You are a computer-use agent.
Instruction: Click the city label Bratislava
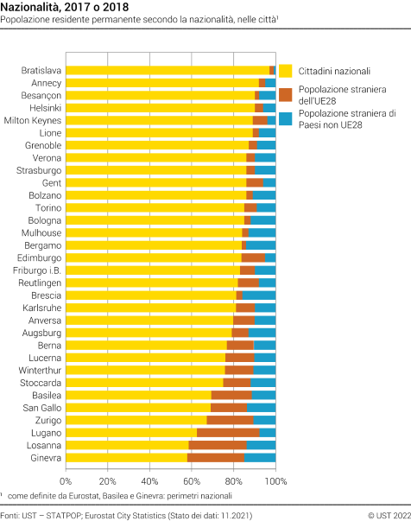click(41, 70)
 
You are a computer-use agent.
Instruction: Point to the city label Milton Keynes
click(33, 120)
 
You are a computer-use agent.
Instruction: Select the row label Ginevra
click(46, 457)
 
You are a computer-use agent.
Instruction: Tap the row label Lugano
click(46, 432)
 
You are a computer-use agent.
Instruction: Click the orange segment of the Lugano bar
click(228, 432)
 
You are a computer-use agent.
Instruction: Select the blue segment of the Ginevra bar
click(260, 457)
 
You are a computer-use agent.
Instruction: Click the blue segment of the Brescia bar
click(259, 295)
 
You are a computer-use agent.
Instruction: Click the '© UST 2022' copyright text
click(381, 514)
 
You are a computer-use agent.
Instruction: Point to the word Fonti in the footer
click(11, 514)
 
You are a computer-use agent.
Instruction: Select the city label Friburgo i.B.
click(37, 270)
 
